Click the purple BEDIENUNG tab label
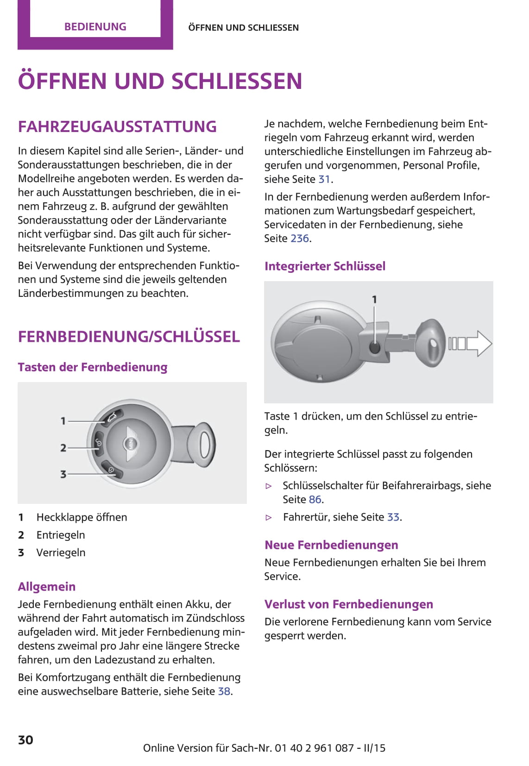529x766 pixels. (95, 27)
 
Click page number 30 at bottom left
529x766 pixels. (25, 740)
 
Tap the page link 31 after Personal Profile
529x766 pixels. (324, 179)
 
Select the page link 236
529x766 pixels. (300, 239)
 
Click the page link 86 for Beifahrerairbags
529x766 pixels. (315, 500)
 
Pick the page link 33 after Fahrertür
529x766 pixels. (393, 517)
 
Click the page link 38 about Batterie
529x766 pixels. (224, 691)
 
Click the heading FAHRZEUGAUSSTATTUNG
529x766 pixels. (117, 126)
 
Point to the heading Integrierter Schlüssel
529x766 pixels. (325, 266)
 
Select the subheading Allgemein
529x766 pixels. (46, 587)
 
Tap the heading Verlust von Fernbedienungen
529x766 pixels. (348, 604)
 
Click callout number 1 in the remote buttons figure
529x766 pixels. (63, 421)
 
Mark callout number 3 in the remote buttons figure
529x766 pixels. (63, 474)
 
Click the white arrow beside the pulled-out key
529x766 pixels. (478, 343)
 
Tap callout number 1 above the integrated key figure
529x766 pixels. (374, 300)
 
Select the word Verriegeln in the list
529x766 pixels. (61, 553)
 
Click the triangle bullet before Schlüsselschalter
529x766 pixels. (269, 486)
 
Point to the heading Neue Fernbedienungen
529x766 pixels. (331, 545)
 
